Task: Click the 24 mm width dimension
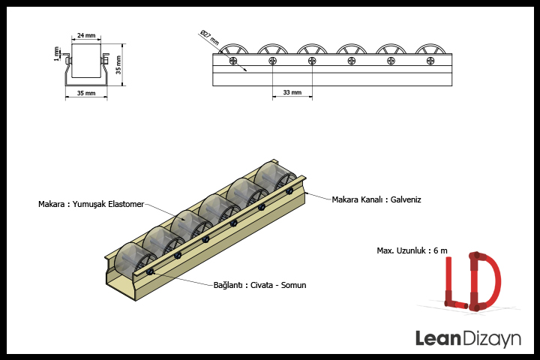86,35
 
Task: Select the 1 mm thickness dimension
56,54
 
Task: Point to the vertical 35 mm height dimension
118,64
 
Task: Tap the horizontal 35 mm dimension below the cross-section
86,93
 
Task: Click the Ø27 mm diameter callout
209,37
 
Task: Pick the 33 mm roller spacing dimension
292,92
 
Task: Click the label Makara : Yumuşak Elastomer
91,204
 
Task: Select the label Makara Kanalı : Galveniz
376,199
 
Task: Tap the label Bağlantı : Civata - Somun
259,285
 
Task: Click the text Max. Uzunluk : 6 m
412,250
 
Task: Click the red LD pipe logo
472,281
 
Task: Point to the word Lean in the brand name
438,338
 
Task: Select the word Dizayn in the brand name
491,339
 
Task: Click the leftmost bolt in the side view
233,61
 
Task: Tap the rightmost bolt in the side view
430,61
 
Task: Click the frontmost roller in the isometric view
135,261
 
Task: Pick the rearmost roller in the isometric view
274,176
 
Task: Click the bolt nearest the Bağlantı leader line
150,272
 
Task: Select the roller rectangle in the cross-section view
86,61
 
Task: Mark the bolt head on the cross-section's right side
106,60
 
